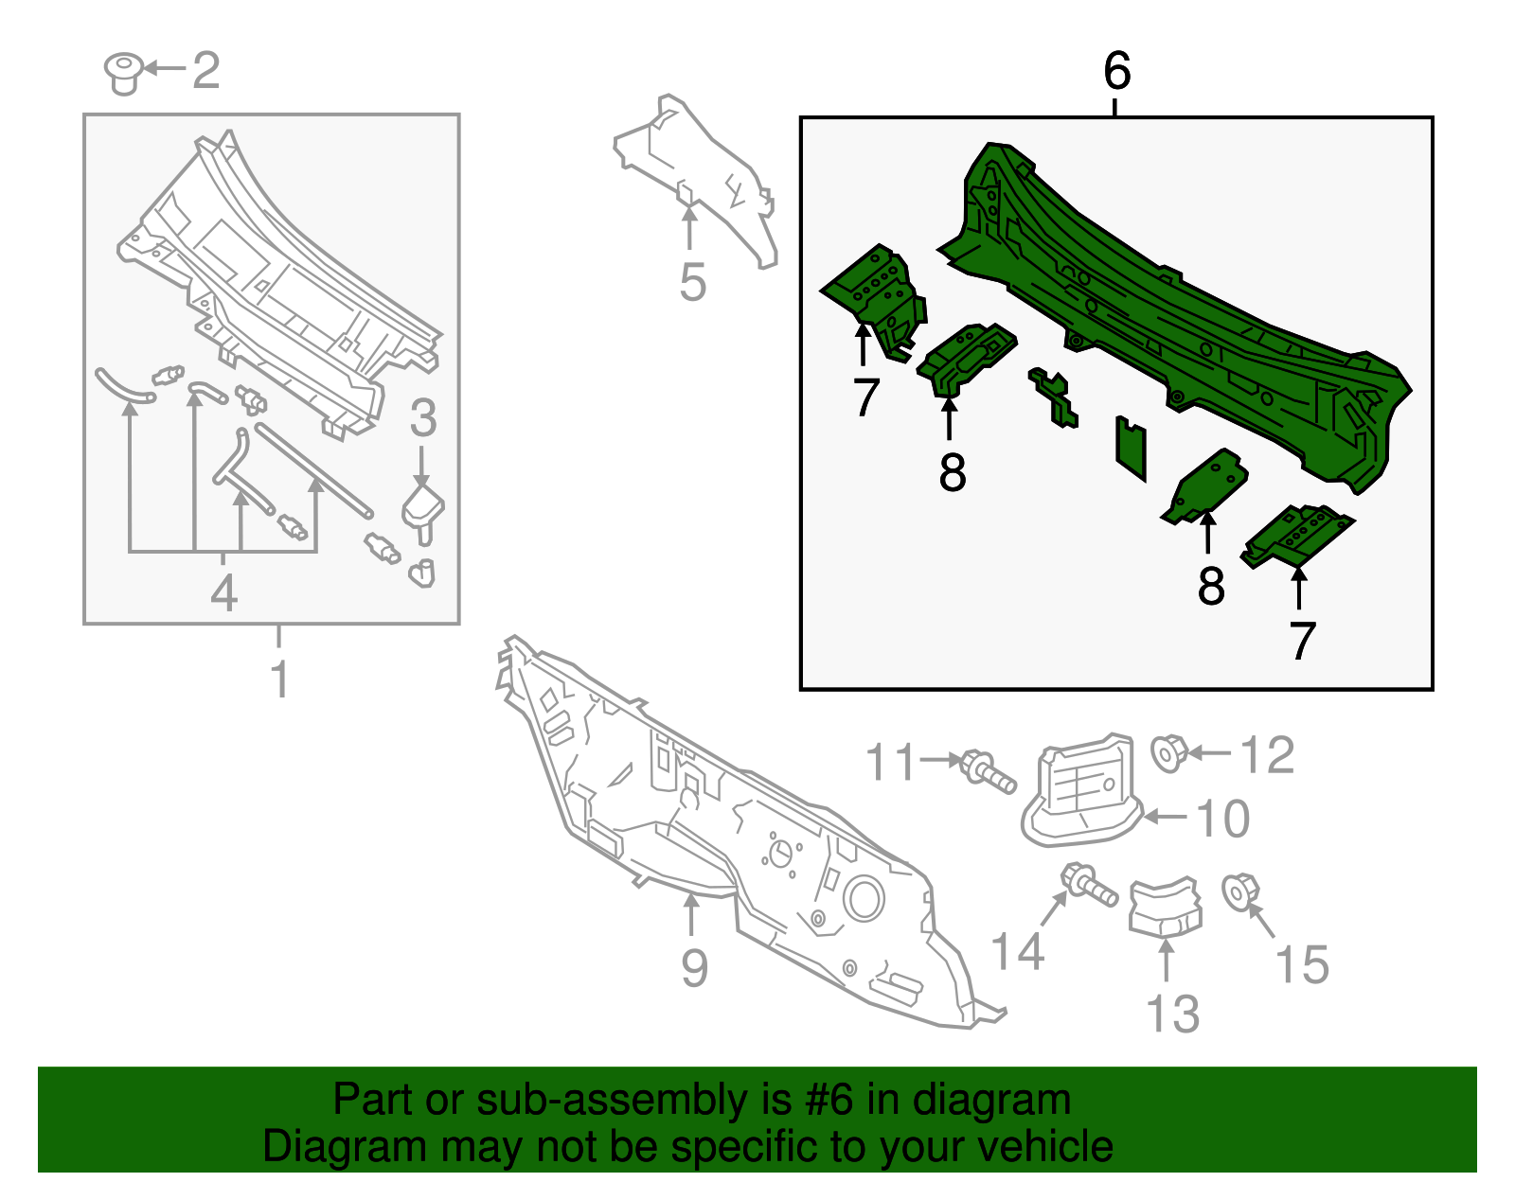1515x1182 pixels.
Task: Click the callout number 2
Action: [x=206, y=70]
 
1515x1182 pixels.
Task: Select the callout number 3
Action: [x=423, y=418]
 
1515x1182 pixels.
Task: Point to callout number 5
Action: [x=692, y=282]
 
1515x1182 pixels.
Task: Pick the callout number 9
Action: [x=694, y=968]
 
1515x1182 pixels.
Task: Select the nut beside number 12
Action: [x=1168, y=753]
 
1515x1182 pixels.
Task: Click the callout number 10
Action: [x=1222, y=819]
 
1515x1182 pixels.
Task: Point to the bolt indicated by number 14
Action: [x=1089, y=885]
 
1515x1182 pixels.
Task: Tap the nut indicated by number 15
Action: [x=1240, y=892]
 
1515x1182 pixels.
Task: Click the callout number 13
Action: [x=1172, y=1014]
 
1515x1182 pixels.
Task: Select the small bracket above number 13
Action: [x=1166, y=906]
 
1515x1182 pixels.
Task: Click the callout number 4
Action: [x=223, y=593]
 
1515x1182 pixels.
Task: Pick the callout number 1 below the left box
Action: [x=279, y=679]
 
